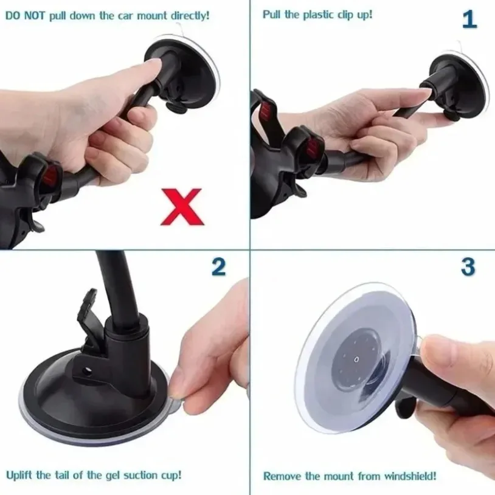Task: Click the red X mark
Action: click(x=182, y=207)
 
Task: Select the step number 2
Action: click(x=218, y=267)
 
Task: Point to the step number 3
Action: click(x=468, y=267)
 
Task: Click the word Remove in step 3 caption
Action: click(x=280, y=476)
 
